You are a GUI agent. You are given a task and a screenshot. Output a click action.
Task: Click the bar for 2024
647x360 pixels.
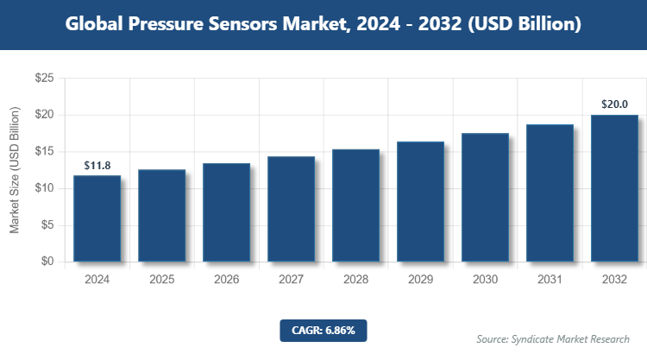pos(97,218)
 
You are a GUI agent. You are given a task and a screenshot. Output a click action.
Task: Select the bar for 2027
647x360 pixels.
pos(291,209)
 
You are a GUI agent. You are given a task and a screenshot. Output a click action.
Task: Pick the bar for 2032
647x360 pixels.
pos(614,188)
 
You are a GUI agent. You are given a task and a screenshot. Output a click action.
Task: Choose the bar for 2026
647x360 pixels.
pos(226,212)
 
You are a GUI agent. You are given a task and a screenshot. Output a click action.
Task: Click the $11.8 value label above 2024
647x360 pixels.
pos(97,165)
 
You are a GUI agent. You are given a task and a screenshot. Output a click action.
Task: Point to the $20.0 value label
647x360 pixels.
pos(614,104)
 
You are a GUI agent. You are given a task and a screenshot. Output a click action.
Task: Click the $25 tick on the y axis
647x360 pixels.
pos(44,79)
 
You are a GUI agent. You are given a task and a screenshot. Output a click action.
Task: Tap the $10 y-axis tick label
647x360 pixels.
pos(44,188)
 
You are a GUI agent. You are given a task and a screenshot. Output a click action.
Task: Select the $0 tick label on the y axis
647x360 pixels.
pos(47,262)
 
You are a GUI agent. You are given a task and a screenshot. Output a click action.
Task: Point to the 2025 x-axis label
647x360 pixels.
pos(161,280)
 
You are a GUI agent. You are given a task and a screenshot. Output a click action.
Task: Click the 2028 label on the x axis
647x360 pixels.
pos(355,280)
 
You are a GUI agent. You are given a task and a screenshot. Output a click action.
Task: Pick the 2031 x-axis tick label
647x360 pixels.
pos(550,280)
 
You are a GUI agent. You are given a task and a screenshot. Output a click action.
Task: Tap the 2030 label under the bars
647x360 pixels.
pos(485,280)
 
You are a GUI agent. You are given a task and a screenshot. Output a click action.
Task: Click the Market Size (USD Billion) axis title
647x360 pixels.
pos(15,170)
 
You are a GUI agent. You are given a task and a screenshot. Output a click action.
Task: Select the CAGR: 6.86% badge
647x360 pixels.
pos(323,330)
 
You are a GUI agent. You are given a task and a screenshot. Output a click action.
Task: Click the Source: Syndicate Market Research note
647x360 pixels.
pos(553,338)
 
